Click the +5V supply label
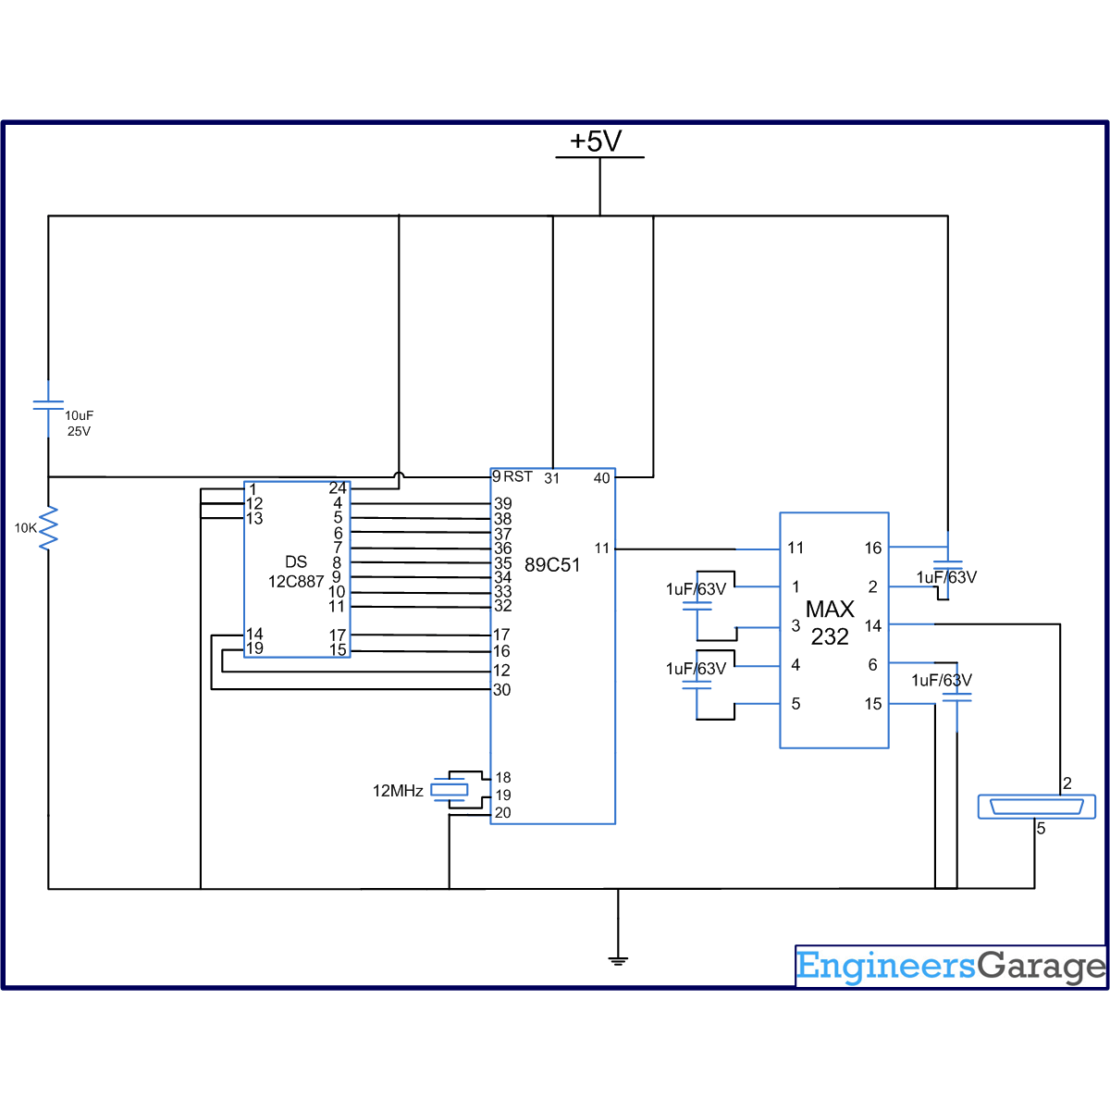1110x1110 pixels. pos(596,142)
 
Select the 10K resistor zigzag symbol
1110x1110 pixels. pos(48,527)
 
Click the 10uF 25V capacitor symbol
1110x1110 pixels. pos(48,405)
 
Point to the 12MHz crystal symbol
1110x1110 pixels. pos(450,790)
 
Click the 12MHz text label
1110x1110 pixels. pos(398,791)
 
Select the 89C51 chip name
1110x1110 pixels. pos(552,565)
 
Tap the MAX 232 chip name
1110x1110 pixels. pos(830,623)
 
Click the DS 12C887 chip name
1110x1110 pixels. pos(296,572)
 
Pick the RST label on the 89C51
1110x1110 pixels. pos(518,476)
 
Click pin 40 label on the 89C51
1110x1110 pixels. pos(601,478)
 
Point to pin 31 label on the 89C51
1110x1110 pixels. pos(552,478)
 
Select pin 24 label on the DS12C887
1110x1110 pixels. pos(338,487)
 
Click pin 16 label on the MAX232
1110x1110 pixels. pos(872,548)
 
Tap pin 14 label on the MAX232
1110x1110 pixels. pos(872,625)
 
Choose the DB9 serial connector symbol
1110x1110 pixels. pos(1036,807)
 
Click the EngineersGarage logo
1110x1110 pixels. pos(951,967)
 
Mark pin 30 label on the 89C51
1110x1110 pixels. pos(501,689)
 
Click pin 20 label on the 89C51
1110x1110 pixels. pos(502,813)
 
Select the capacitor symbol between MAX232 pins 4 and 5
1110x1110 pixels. pos(697,685)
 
